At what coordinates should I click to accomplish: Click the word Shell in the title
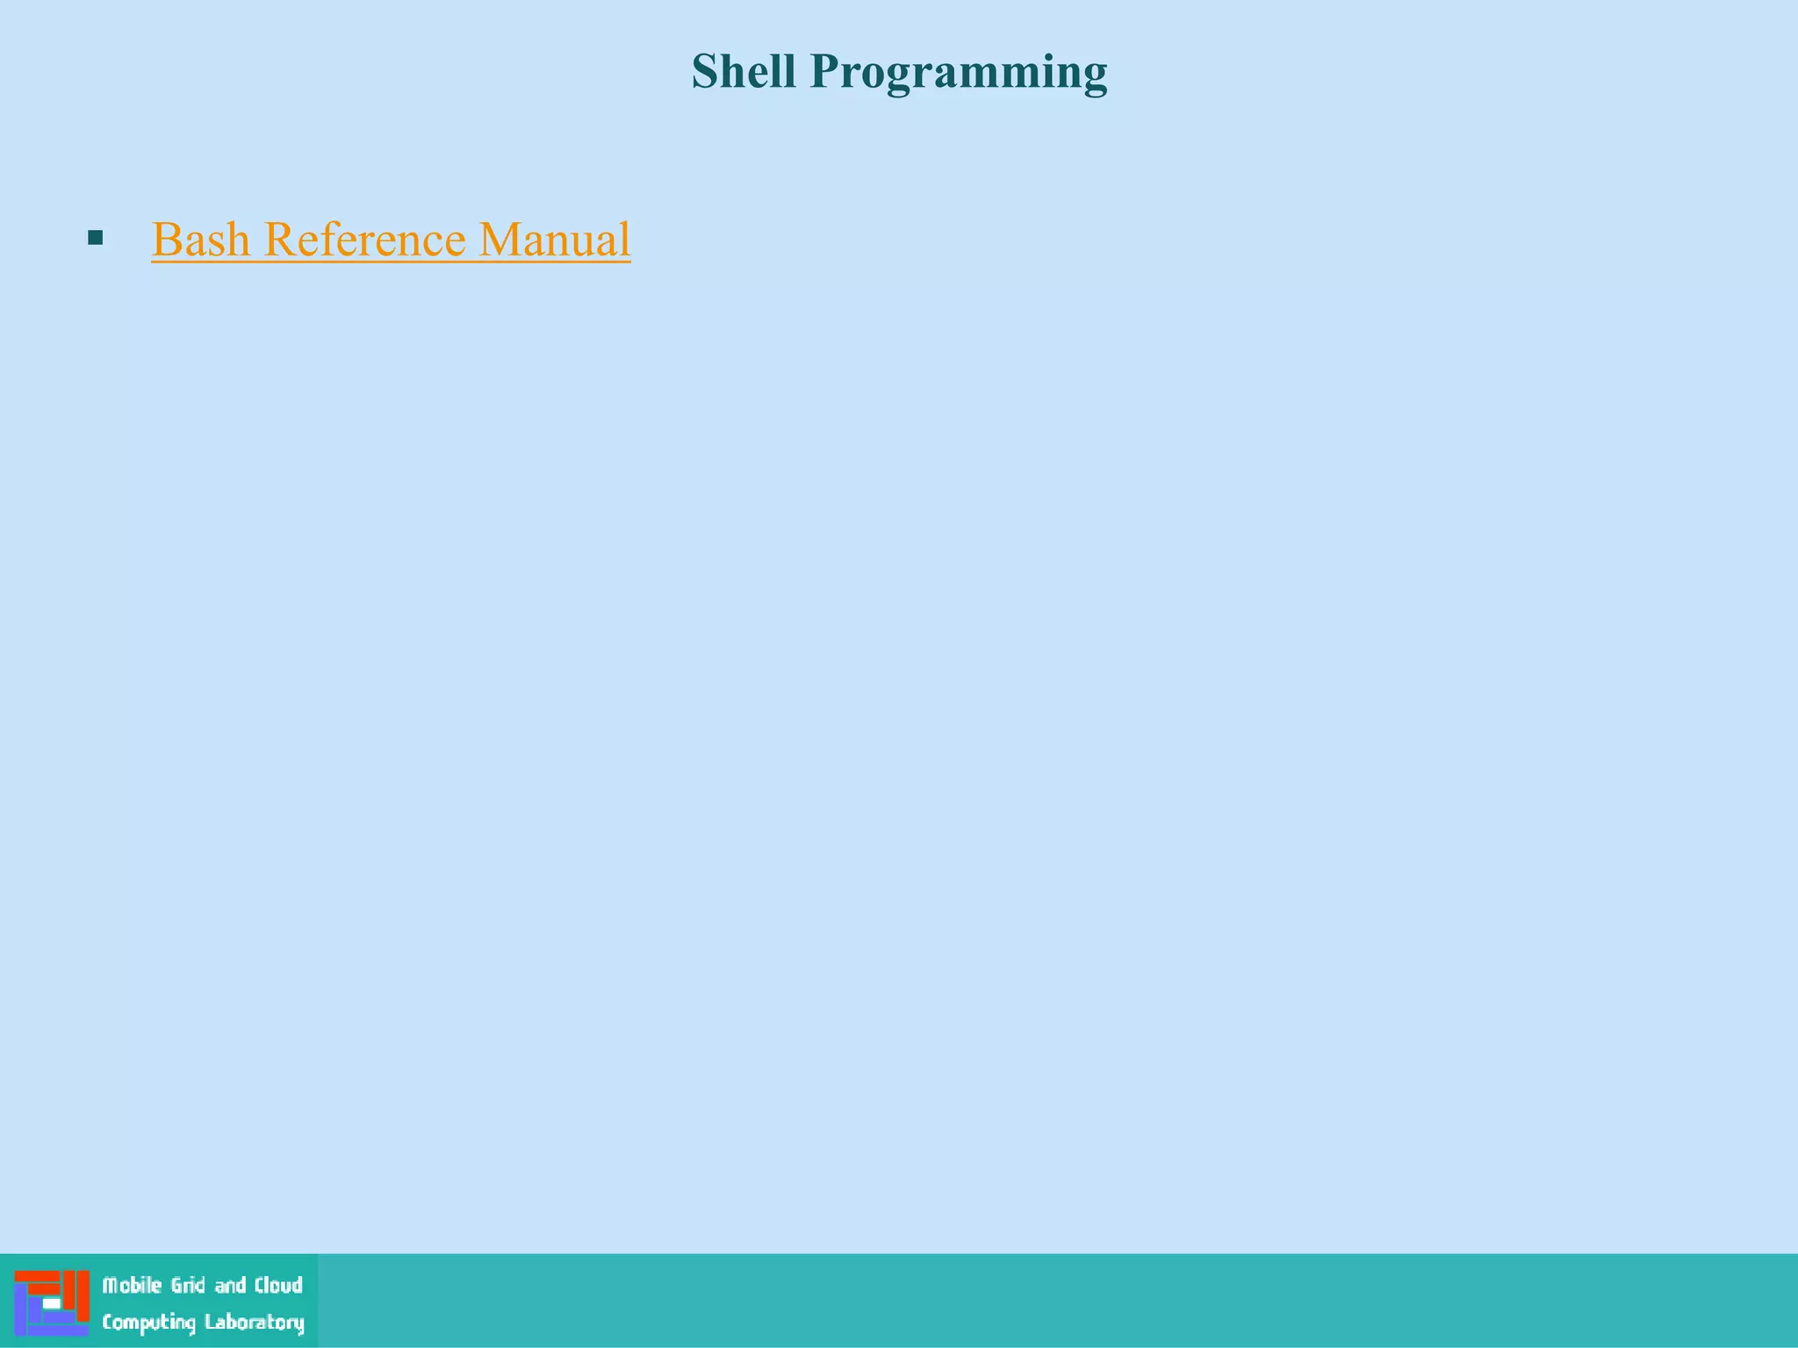(x=744, y=71)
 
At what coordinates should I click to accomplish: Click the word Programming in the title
(x=959, y=73)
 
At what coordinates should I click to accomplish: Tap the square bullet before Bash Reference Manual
(x=96, y=237)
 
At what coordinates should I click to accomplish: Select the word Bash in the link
(x=201, y=240)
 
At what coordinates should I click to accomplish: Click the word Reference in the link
(x=364, y=240)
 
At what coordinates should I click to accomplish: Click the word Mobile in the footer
(x=132, y=1286)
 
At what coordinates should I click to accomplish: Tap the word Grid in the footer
(x=188, y=1286)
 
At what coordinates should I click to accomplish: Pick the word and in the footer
(x=230, y=1286)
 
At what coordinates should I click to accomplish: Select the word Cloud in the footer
(x=278, y=1286)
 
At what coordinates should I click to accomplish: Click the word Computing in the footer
(x=148, y=1323)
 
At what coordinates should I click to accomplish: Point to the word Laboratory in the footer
(x=255, y=1323)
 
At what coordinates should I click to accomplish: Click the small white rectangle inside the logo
(x=52, y=1304)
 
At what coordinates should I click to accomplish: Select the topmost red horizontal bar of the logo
(x=36, y=1276)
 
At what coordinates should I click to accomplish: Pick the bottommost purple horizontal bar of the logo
(x=57, y=1330)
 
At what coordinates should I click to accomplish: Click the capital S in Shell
(x=704, y=71)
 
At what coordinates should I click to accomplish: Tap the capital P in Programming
(x=823, y=71)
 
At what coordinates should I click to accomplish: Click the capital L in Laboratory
(x=210, y=1322)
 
